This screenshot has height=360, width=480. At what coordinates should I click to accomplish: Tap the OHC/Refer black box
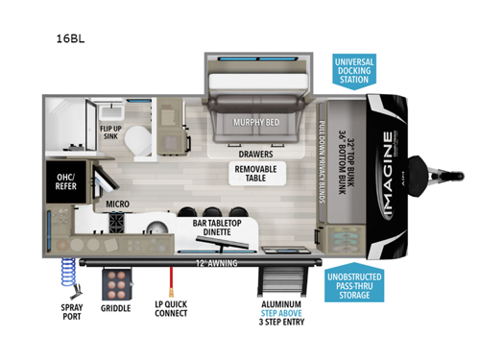tap(65, 181)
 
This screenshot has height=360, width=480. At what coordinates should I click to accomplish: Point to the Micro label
tap(119, 204)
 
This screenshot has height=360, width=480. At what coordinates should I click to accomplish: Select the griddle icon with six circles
tap(119, 283)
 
